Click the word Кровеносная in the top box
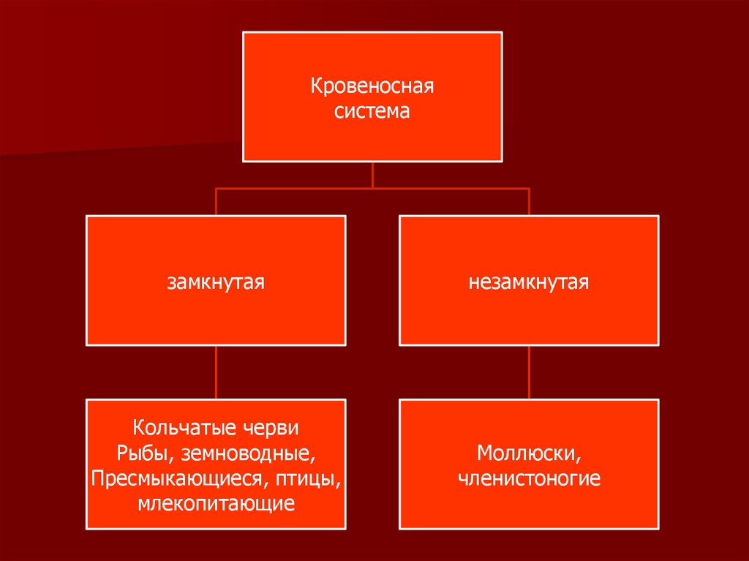click(x=373, y=87)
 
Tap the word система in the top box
click(x=373, y=112)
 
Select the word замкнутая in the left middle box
click(x=216, y=282)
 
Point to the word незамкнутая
click(x=529, y=282)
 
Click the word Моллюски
click(x=529, y=453)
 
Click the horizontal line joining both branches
click(x=293, y=188)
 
